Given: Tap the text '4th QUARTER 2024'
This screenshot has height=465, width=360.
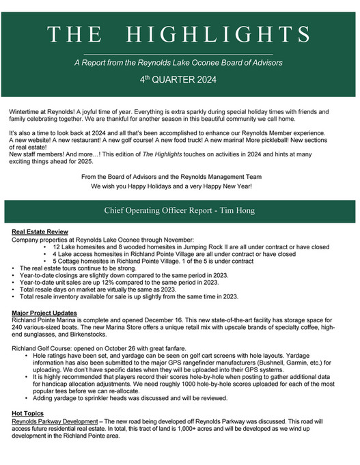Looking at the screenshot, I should click(180, 79).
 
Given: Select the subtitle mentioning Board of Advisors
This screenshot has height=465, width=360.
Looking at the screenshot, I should click(180, 62).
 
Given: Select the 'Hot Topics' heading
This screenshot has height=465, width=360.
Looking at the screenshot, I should click(28, 413).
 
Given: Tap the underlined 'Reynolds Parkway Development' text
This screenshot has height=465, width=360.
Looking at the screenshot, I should click(55, 421).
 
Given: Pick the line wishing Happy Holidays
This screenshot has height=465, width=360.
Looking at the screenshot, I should click(180, 186).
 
